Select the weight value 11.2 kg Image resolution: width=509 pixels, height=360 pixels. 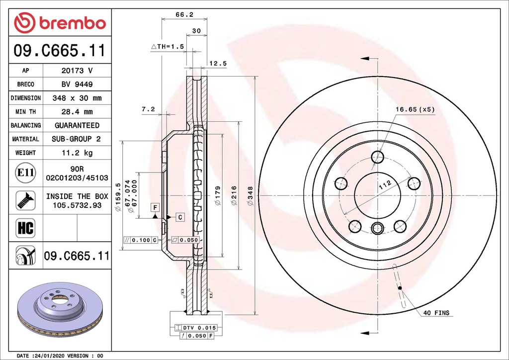point(77,153)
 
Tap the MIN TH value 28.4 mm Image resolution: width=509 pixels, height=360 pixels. point(77,112)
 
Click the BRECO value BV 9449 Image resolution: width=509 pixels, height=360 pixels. point(77,85)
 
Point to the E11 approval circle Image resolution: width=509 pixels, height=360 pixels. point(25,173)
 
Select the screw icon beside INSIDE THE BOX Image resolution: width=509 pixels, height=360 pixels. point(25,200)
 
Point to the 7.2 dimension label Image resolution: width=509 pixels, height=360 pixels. point(148,109)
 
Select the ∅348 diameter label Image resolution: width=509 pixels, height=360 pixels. point(250,196)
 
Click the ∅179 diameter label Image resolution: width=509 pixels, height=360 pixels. point(218,196)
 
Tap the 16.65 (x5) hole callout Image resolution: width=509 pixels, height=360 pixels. point(415,109)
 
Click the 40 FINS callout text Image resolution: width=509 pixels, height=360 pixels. point(436,313)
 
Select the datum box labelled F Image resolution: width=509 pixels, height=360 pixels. point(155,206)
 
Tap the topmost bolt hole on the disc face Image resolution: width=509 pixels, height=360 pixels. point(378,157)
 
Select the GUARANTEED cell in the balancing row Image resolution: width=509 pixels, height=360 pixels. point(77,125)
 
